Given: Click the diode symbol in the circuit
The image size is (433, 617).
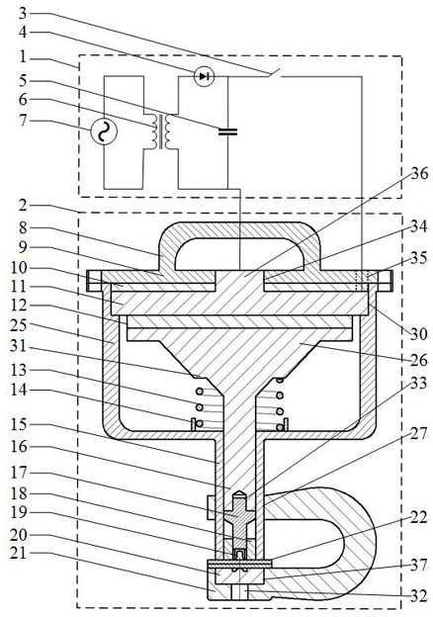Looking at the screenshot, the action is point(204,76).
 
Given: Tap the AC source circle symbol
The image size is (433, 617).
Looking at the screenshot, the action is point(104,132).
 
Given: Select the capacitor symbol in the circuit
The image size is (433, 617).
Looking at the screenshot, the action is point(227,132).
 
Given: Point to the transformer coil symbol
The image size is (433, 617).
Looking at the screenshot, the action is point(161,132).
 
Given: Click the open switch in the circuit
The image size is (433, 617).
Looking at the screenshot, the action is point(274,73).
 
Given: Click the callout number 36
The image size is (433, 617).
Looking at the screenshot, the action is point(419,173).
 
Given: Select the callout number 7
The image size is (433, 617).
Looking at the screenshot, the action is point(23,120).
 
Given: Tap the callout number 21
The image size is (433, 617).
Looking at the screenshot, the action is point(18,555).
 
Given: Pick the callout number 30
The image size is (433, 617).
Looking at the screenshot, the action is point(419,334).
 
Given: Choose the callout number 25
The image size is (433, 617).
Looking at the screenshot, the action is point(18,326).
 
